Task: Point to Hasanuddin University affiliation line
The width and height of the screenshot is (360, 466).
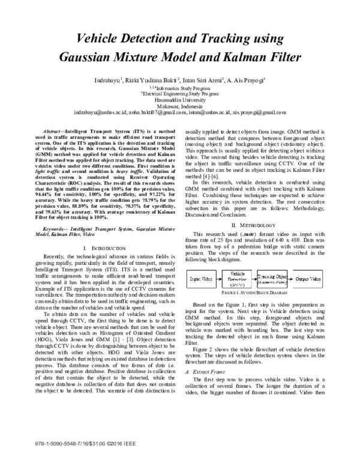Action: pos(180,100)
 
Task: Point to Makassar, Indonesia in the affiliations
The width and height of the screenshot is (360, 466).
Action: pos(180,106)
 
